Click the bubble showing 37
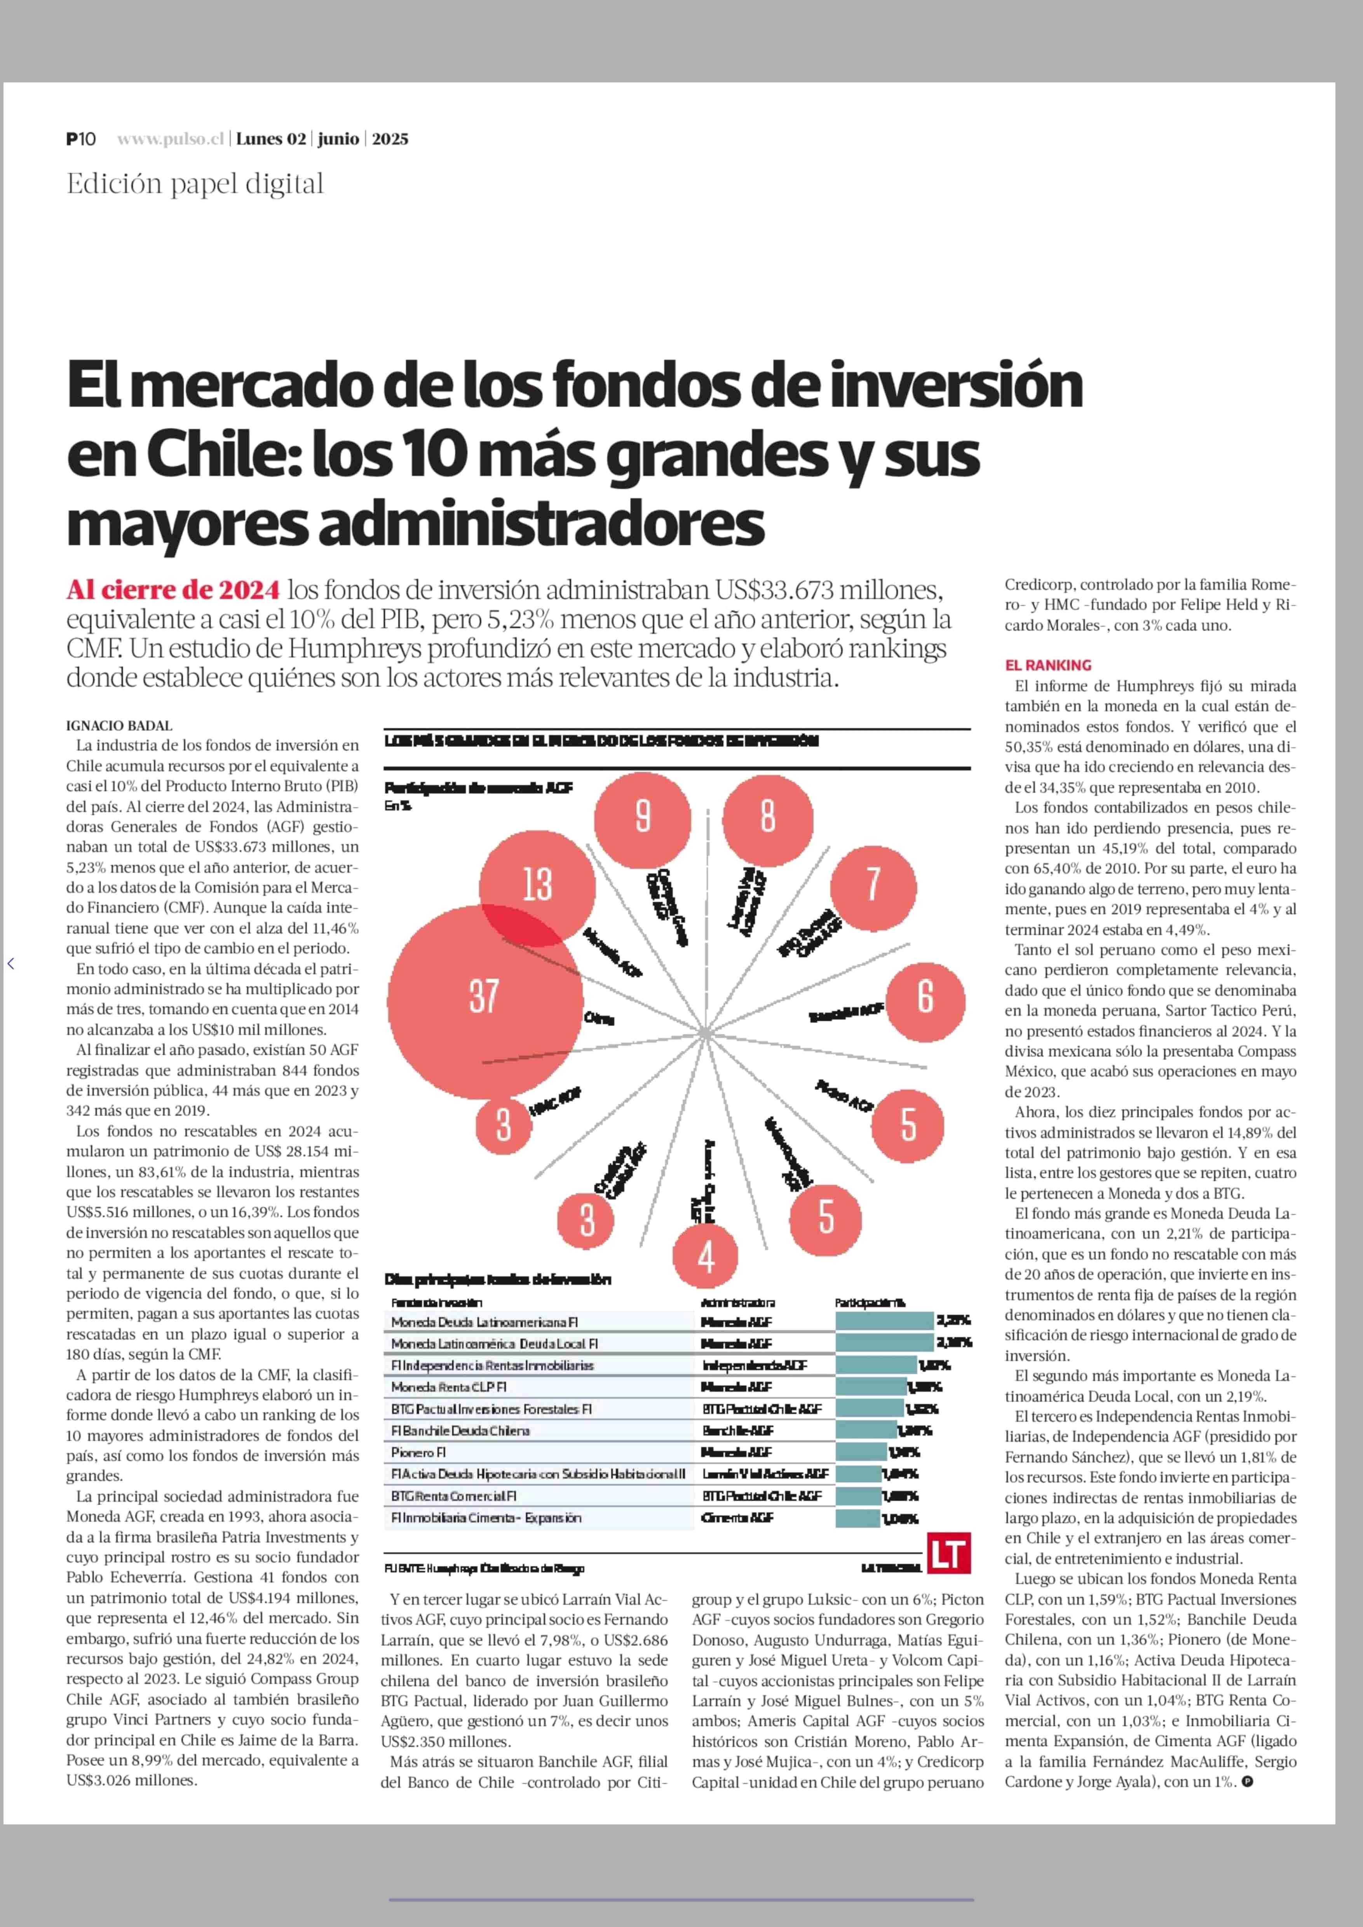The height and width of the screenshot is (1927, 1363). point(484,997)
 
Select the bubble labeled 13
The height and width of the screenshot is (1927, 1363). point(537,886)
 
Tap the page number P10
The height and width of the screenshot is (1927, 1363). point(82,140)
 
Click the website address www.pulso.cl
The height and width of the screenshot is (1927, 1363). point(170,140)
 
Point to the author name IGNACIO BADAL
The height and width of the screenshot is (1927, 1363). point(119,726)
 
